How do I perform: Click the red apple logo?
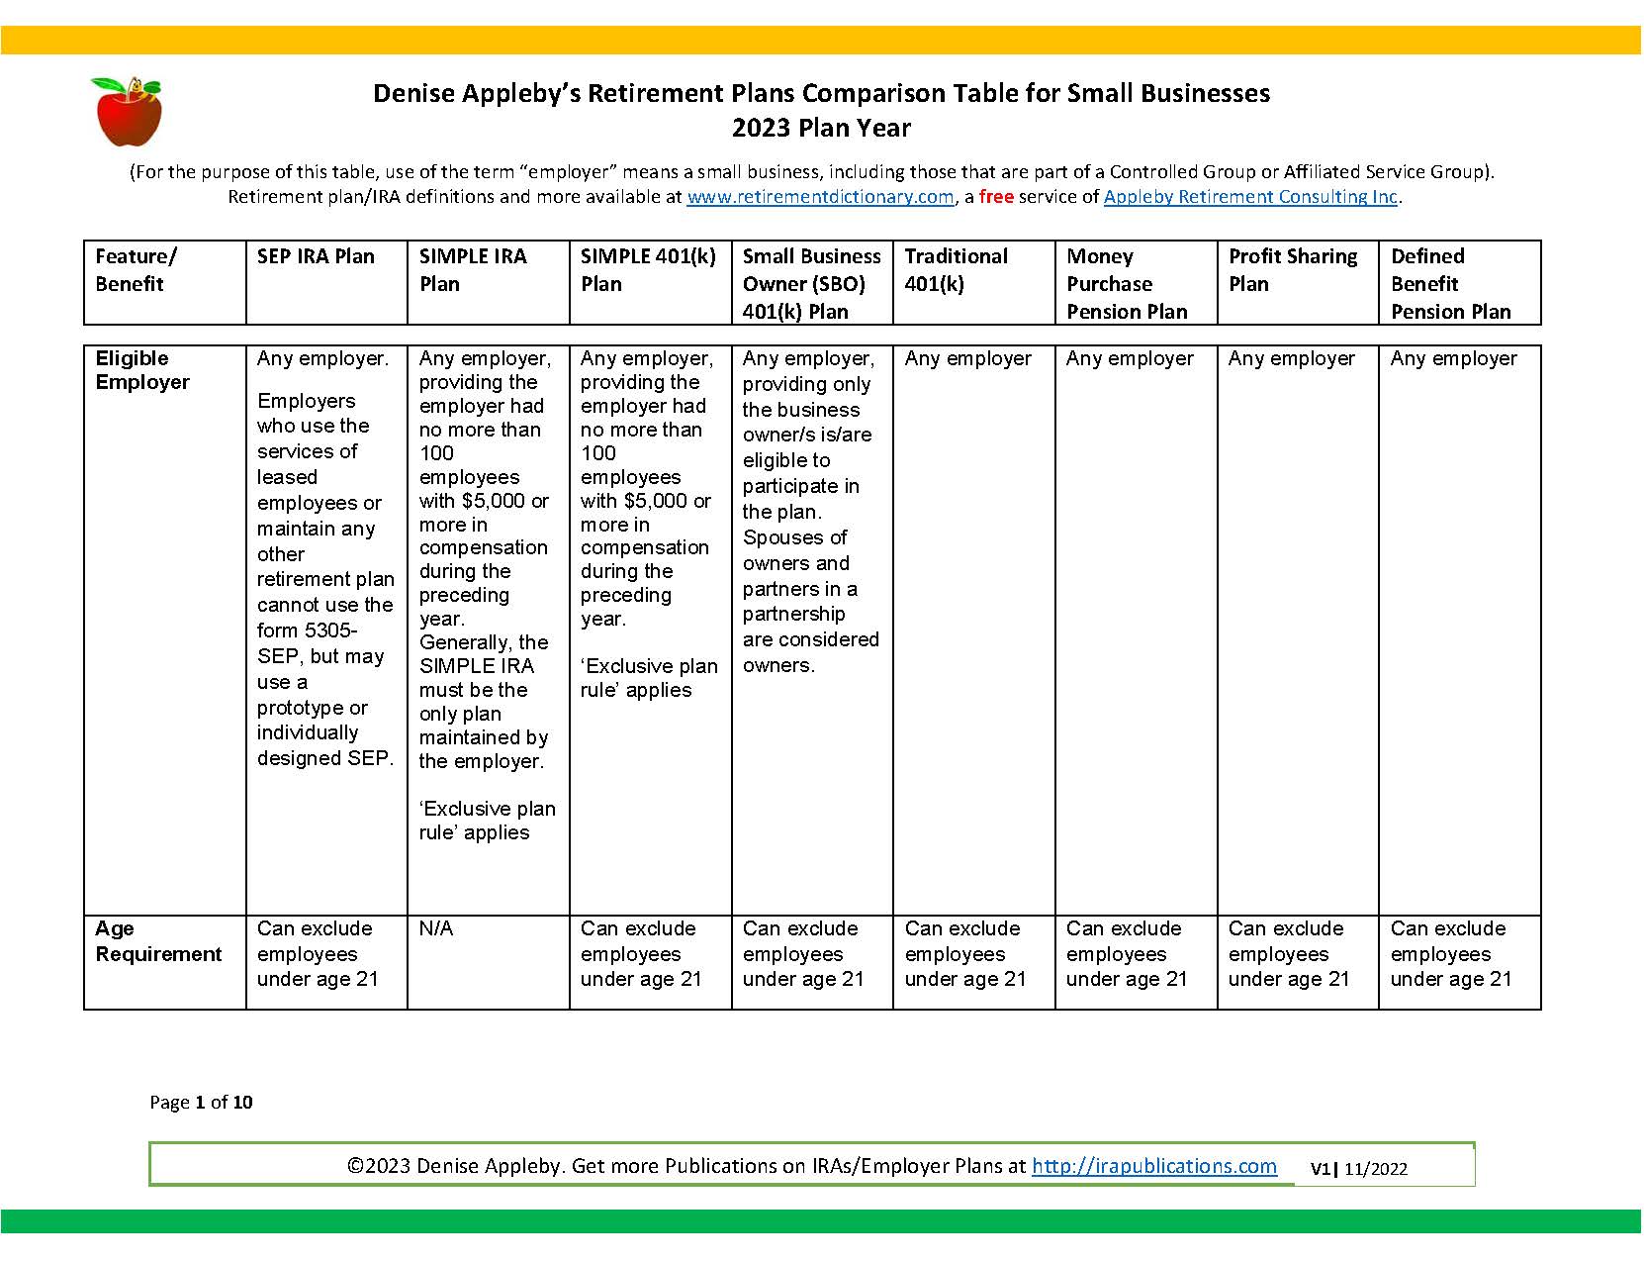pos(126,111)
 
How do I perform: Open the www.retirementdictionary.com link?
pos(820,197)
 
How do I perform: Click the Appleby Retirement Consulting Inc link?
pos(1250,197)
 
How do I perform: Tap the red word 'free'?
pos(996,197)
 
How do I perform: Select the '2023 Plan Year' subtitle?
pos(821,128)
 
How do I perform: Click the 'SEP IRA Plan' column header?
pos(316,256)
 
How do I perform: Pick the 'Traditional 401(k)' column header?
pos(956,269)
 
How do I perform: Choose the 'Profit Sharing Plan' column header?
pos(1293,269)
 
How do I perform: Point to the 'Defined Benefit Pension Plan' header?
pos(1450,283)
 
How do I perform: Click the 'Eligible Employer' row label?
pos(142,370)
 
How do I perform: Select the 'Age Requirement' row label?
pos(158,941)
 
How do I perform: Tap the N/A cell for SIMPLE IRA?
pos(436,928)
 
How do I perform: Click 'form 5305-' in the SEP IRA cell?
pos(308,631)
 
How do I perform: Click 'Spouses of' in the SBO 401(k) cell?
pos(795,537)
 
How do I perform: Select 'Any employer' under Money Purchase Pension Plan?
pos(1130,358)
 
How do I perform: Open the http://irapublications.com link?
pos(1153,1166)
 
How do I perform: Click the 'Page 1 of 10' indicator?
pos(201,1102)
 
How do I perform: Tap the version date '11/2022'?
pos(1375,1169)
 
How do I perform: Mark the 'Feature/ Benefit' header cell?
pos(136,269)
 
